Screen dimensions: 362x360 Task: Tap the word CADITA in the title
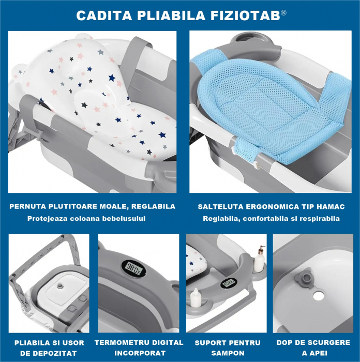click(x=101, y=16)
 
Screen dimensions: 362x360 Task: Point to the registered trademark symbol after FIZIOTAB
click(x=283, y=12)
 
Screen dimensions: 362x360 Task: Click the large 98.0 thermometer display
click(x=133, y=267)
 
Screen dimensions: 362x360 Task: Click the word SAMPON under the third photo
click(x=228, y=353)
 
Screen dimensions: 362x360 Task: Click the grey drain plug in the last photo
click(x=304, y=278)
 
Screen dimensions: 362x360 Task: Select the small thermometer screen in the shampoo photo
click(x=228, y=283)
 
